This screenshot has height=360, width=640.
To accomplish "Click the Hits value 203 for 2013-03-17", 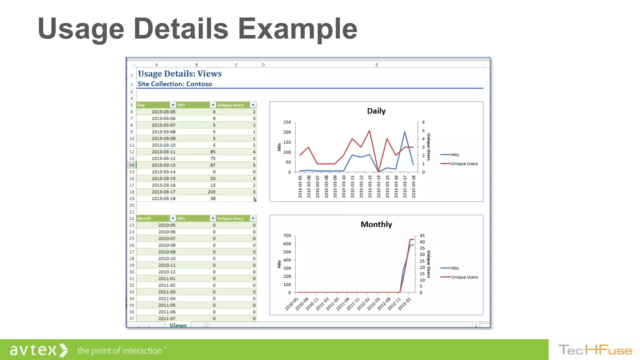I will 212,192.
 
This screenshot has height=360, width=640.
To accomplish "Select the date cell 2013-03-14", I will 163,172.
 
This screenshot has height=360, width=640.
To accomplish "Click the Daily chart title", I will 376,111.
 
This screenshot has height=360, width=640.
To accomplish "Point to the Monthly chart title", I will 376,224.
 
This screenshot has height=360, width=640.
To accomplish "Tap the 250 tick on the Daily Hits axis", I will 287,122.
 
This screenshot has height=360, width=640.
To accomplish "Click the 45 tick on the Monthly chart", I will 422,236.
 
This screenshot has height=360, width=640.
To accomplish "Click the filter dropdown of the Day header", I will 173,105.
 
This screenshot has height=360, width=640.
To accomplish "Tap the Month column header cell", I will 153,218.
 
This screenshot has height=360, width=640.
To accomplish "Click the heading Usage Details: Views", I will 180,74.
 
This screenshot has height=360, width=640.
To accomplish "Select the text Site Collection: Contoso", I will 175,84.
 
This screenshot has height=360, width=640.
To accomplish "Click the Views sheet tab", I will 178,325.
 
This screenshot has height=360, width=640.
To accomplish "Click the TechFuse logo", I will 595,350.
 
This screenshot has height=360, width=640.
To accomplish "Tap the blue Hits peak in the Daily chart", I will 405,132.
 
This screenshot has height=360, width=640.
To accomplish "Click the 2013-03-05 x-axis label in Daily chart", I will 300,187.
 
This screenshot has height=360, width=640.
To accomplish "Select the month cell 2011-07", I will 167,319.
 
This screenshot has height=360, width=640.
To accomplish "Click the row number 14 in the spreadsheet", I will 132,165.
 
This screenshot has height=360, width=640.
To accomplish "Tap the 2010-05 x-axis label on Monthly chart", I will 291,304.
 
